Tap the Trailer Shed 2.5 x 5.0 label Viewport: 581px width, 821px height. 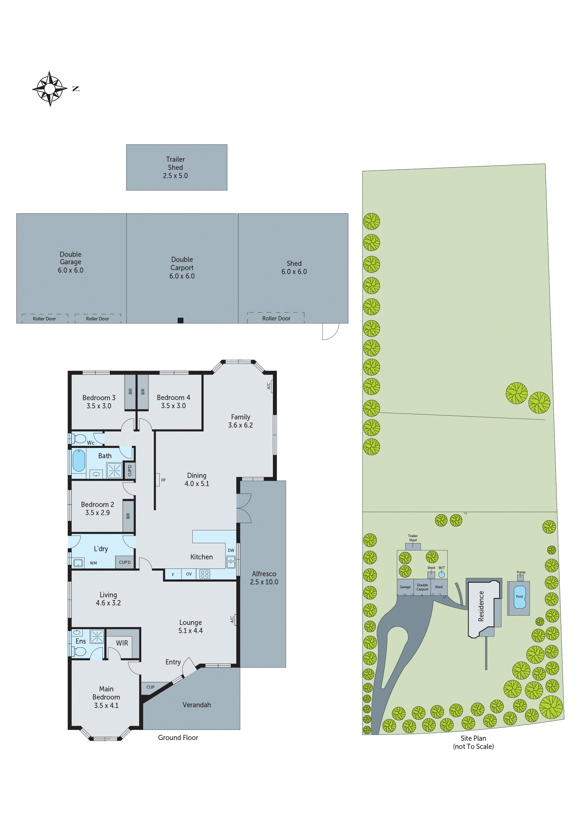(175, 167)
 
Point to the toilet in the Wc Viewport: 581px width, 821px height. (79, 439)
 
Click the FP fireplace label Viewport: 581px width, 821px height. (163, 480)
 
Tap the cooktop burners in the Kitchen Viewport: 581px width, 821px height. (205, 574)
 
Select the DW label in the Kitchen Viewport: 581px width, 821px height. (231, 550)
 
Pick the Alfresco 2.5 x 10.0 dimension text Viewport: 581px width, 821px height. (264, 582)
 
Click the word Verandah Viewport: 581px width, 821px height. (197, 705)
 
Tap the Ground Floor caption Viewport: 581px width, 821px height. (178, 738)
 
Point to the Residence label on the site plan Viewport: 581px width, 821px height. (481, 606)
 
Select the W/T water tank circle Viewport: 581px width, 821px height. (442, 575)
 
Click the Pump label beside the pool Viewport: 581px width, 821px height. (521, 572)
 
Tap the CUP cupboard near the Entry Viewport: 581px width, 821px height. (150, 687)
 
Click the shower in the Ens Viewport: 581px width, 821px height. (97, 636)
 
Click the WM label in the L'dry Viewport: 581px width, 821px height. (93, 563)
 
